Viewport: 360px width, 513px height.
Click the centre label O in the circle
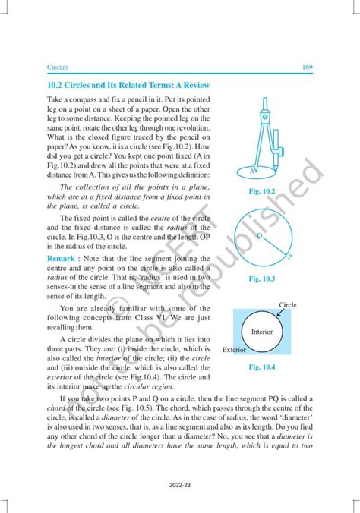pos(258,237)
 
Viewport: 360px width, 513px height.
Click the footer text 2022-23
pos(179,482)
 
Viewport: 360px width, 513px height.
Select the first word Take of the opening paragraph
pos(55,99)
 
